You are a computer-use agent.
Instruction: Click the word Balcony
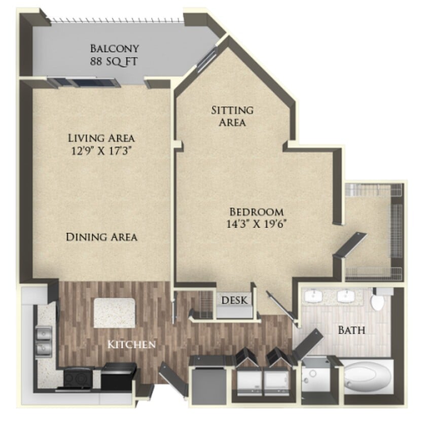(x=115, y=49)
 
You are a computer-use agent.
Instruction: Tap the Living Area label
(x=101, y=137)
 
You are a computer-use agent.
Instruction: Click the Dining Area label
(x=101, y=237)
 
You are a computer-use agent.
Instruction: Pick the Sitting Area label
(x=232, y=116)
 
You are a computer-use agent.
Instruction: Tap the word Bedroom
(x=257, y=212)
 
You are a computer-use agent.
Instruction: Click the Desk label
(x=235, y=300)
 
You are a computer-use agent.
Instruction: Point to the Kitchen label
(x=131, y=345)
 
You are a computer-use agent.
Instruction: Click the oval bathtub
(x=368, y=378)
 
